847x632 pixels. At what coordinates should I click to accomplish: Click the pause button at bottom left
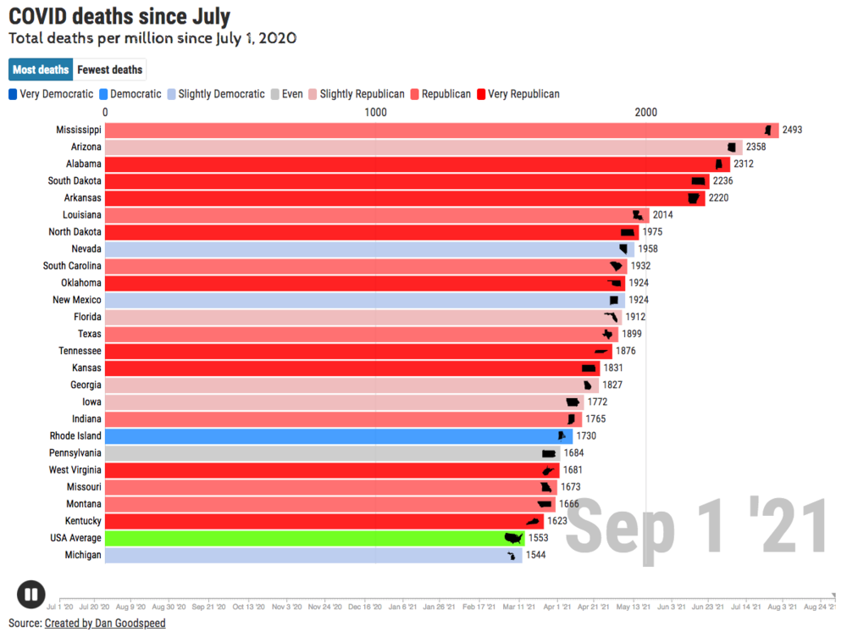[x=30, y=595]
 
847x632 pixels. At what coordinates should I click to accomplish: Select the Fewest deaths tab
[x=110, y=69]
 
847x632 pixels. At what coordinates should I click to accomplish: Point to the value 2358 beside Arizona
[x=756, y=147]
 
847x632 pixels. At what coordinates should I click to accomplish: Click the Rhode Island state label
[x=75, y=436]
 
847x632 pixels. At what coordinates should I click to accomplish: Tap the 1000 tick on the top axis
[x=375, y=113]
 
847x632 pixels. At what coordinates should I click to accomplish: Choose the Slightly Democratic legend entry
[x=216, y=94]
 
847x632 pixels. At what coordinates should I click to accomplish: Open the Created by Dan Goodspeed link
[x=105, y=624]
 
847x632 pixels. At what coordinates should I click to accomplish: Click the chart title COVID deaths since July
[x=119, y=16]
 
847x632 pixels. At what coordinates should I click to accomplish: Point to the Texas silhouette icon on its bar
[x=607, y=334]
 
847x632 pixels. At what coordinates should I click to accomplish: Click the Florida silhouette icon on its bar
[x=611, y=317]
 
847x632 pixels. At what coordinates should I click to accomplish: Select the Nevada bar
[x=364, y=249]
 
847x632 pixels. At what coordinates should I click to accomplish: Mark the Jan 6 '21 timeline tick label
[x=402, y=607]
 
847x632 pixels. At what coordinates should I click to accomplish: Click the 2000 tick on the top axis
[x=645, y=113]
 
